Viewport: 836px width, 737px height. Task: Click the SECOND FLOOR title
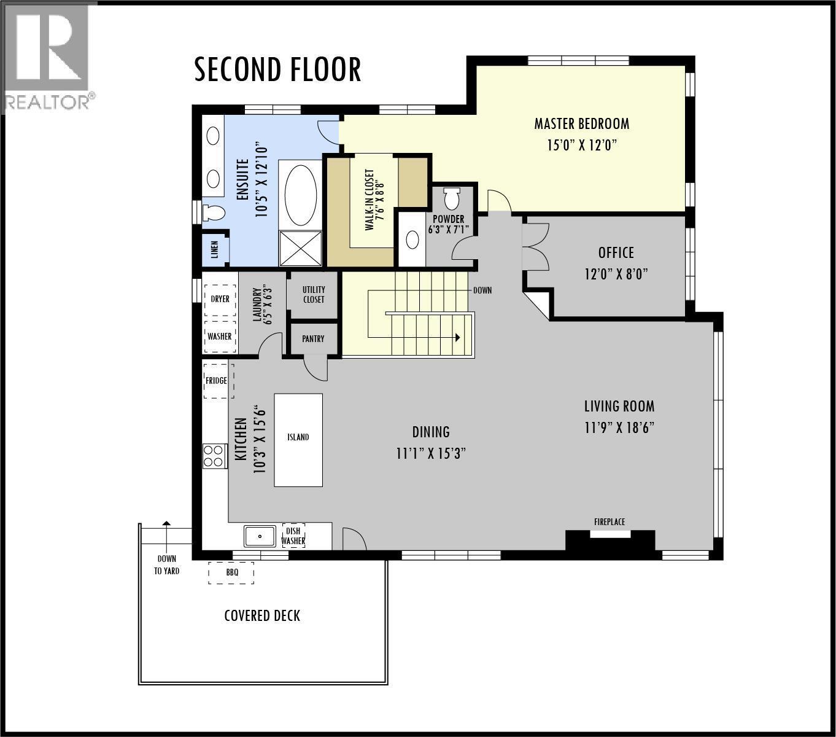coord(277,69)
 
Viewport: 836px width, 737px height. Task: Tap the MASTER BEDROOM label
coord(581,124)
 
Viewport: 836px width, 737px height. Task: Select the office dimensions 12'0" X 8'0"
coord(616,274)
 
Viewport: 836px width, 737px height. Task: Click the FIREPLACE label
coord(609,522)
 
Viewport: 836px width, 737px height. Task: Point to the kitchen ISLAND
coord(298,439)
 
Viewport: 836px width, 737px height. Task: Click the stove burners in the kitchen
coord(214,456)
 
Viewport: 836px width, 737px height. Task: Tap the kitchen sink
coord(260,536)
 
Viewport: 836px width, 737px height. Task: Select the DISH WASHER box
coord(293,536)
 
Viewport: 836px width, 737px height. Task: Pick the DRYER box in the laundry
coord(220,299)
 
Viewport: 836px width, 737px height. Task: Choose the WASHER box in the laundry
coord(219,336)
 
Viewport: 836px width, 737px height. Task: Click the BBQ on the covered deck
coord(231,572)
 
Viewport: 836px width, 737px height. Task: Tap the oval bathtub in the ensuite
coord(301,195)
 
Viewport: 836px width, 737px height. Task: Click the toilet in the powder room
coord(452,199)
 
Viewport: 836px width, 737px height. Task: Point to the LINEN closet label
coord(215,250)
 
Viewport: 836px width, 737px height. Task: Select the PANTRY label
coord(313,339)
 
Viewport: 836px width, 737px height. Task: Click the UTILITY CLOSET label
coord(313,295)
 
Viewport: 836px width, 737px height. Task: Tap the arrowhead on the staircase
coord(457,337)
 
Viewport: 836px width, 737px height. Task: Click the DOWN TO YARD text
coord(166,565)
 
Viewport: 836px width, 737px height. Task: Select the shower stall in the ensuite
coord(301,248)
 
